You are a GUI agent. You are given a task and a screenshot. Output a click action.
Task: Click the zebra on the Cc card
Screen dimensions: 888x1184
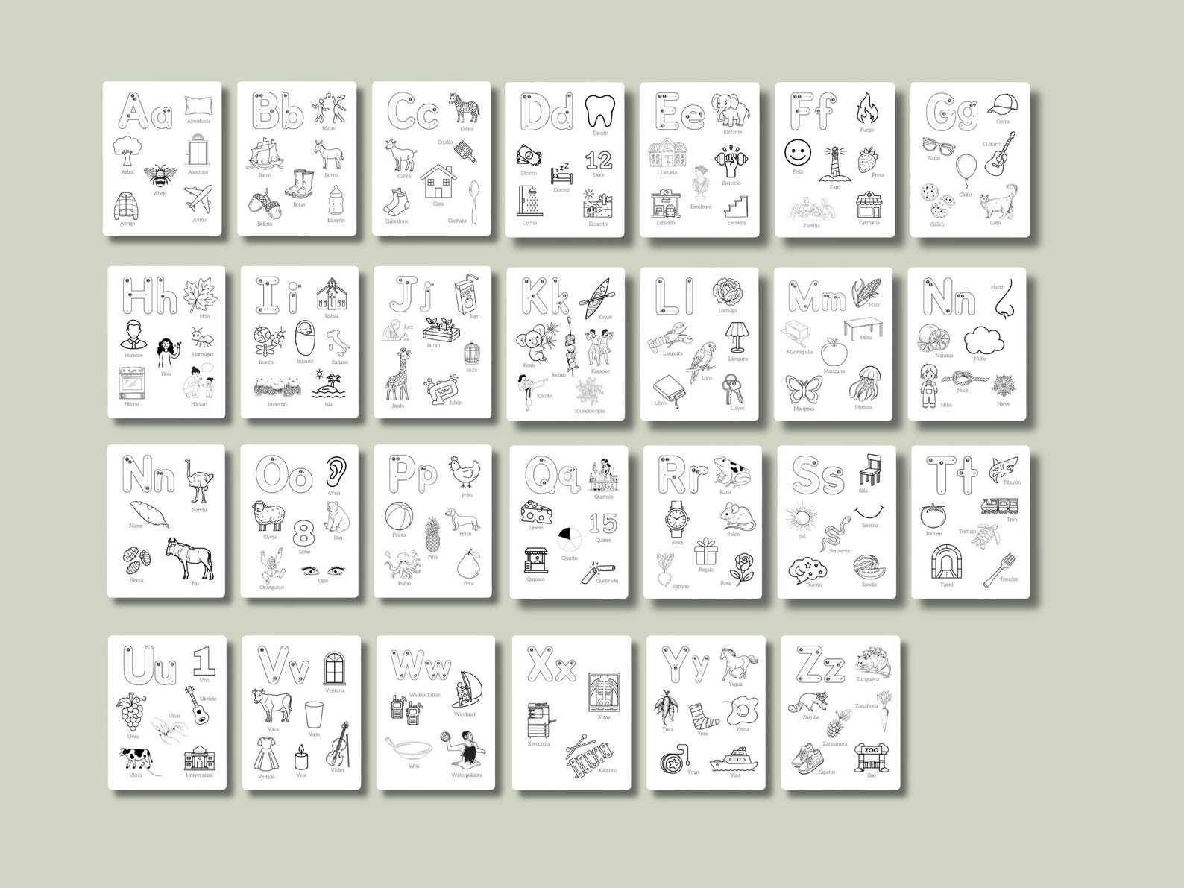(463, 108)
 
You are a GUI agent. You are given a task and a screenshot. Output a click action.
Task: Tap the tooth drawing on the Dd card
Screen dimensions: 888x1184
(599, 111)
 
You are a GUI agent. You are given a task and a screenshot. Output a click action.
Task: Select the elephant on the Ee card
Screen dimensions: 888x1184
(729, 111)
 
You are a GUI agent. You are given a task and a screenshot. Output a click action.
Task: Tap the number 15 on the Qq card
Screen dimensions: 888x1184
(603, 523)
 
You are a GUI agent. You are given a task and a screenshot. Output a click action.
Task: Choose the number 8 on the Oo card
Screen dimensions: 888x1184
(303, 533)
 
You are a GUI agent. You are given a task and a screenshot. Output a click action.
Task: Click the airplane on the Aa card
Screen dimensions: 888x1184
(198, 199)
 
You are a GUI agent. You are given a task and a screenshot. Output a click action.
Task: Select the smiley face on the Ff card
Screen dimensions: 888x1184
(798, 154)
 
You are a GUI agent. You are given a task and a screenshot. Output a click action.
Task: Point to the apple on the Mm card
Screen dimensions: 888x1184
(832, 352)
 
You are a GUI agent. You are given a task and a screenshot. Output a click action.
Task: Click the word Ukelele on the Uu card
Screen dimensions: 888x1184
(208, 698)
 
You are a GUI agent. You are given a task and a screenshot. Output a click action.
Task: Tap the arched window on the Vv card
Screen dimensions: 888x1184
(335, 667)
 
